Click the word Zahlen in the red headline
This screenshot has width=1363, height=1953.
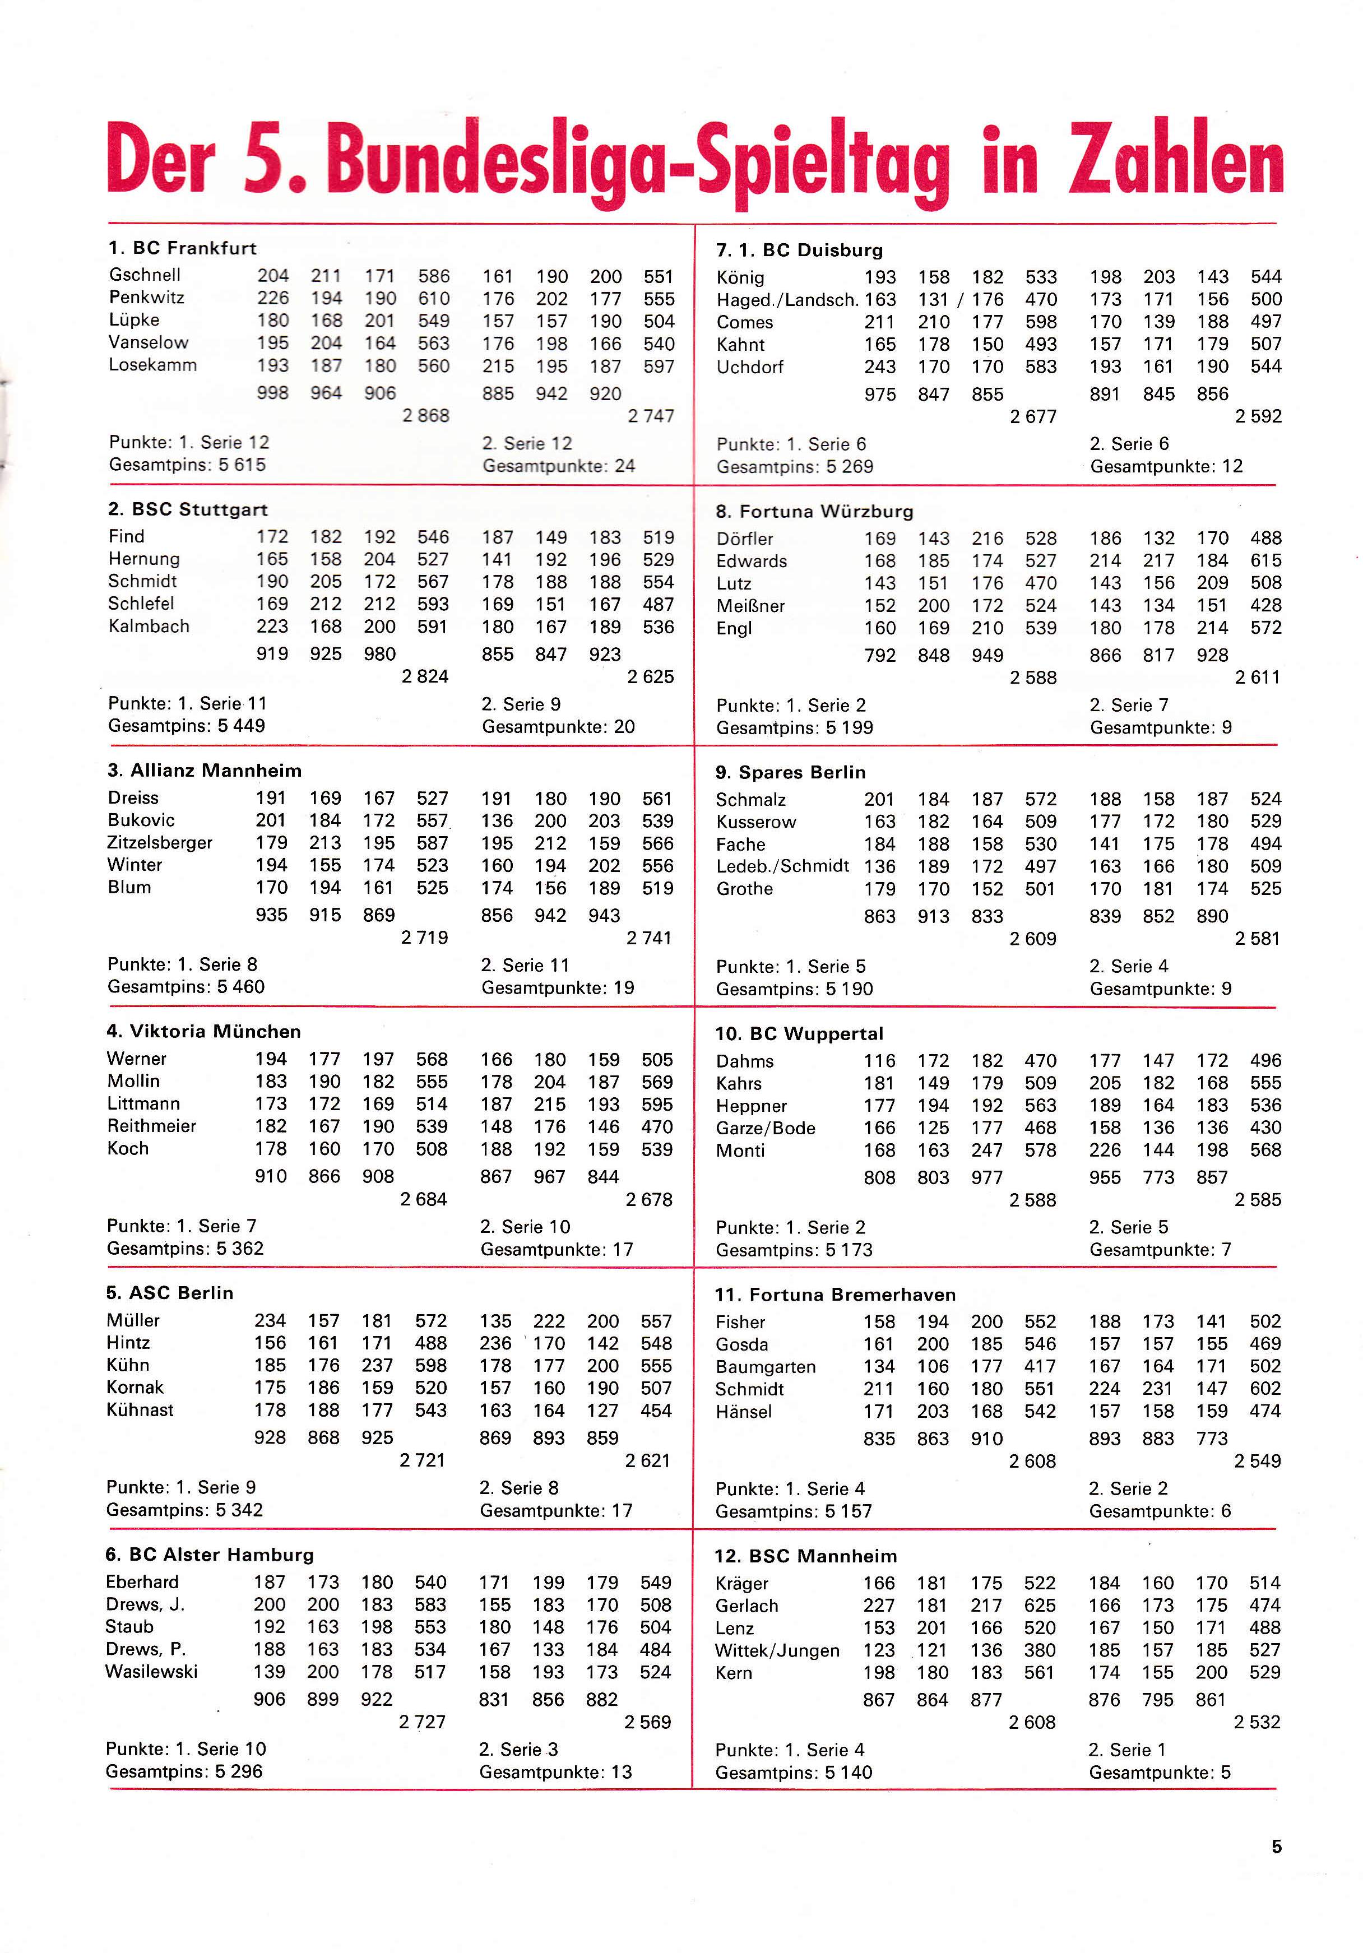point(1176,159)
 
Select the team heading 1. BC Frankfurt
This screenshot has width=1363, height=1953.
point(182,248)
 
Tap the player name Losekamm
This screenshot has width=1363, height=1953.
point(152,365)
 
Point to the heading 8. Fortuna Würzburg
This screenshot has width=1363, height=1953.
point(814,511)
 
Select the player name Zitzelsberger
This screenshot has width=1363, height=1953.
point(159,842)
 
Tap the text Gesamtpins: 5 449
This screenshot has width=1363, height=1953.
point(186,726)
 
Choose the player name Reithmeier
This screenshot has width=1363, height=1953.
point(151,1125)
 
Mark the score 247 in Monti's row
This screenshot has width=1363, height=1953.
point(987,1150)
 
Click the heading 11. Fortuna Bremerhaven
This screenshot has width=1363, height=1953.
point(835,1295)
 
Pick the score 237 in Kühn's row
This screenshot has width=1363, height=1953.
point(377,1365)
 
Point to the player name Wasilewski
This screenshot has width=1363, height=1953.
point(151,1672)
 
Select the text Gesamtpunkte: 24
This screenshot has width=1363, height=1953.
point(558,465)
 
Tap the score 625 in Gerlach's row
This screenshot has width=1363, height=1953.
point(1040,1605)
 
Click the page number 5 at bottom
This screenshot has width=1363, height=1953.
point(1276,1847)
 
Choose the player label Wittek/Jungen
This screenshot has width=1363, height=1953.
point(777,1650)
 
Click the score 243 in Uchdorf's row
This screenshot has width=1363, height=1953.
point(880,367)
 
